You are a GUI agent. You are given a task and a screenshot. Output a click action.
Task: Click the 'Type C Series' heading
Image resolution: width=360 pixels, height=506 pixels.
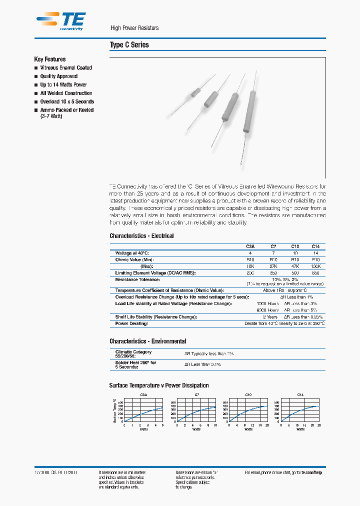[x=129, y=45]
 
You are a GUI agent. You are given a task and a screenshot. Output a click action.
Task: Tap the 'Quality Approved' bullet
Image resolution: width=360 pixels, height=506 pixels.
[x=58, y=76]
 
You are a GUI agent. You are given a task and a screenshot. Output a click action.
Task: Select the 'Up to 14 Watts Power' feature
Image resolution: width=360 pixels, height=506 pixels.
[x=63, y=84]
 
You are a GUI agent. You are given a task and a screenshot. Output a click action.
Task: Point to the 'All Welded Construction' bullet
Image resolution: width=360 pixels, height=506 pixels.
[x=66, y=93]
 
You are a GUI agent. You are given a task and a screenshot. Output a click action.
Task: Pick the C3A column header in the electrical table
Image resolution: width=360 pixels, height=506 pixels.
[x=250, y=246]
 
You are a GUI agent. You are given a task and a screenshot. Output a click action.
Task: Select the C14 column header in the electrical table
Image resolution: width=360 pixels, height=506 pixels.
[x=315, y=246]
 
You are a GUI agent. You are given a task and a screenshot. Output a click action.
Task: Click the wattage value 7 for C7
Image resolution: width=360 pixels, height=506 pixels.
[x=273, y=253]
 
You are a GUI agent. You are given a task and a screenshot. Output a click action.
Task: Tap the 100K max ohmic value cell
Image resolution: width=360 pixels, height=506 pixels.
[x=315, y=266]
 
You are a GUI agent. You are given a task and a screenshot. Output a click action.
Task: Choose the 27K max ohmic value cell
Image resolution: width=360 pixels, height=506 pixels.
[x=273, y=266]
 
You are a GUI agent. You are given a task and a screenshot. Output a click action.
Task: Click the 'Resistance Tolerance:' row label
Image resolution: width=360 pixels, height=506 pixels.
[x=137, y=279]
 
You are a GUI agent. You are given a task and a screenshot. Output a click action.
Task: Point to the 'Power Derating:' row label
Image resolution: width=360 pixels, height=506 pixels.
[x=131, y=323]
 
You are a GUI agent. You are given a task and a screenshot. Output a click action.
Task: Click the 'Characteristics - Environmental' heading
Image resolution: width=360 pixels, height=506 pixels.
[x=147, y=341]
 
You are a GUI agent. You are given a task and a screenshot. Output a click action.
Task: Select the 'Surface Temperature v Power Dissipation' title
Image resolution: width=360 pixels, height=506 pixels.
[x=159, y=385]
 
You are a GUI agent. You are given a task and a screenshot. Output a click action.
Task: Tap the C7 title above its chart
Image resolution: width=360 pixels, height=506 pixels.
[x=195, y=395]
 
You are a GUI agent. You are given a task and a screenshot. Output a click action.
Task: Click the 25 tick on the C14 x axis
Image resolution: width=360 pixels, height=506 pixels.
[x=318, y=425]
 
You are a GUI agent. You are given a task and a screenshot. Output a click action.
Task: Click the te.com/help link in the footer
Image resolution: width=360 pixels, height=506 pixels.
[x=311, y=472]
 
